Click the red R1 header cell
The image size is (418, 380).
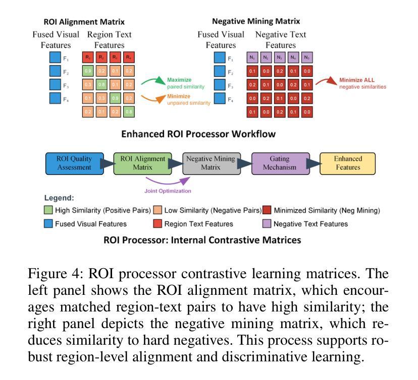click(88, 58)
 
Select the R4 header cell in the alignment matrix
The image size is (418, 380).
click(129, 58)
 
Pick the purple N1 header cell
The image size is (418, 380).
click(252, 58)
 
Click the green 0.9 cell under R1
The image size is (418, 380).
click(88, 72)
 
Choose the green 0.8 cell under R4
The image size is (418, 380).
click(129, 112)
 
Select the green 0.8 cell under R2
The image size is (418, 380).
click(101, 85)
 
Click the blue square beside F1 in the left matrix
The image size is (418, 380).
click(55, 58)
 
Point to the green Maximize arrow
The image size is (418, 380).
click(153, 80)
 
